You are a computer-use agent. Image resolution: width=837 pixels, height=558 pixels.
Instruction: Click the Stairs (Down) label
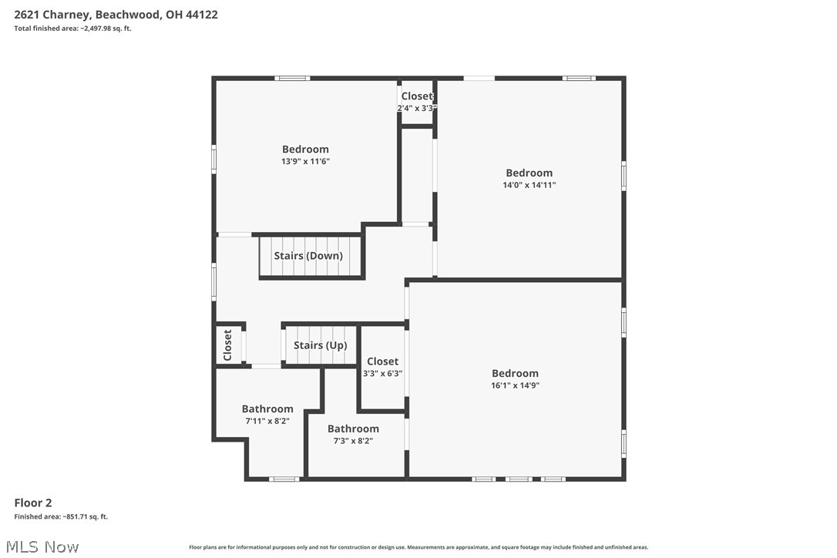[308, 256]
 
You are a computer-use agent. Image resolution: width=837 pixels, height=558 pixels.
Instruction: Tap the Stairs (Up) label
[321, 345]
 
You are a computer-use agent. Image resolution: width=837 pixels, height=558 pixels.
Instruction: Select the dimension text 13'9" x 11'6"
[305, 161]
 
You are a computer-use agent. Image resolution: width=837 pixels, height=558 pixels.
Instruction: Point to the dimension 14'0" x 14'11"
[529, 185]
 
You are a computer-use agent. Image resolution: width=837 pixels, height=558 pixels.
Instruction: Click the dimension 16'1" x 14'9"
[515, 385]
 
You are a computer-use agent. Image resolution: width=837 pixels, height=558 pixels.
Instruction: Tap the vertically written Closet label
[227, 345]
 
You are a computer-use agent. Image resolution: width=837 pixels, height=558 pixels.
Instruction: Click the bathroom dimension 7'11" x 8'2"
[267, 421]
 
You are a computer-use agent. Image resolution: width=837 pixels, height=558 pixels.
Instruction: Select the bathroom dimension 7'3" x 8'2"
[353, 441]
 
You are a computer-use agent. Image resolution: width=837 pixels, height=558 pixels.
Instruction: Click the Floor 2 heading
[33, 503]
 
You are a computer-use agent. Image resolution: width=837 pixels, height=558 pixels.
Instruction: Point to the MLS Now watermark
[42, 546]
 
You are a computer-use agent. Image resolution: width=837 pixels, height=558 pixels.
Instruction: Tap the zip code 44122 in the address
[201, 15]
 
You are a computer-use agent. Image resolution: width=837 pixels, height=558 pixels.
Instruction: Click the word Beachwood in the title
[127, 15]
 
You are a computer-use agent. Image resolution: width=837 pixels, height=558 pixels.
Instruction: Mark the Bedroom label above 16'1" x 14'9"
[515, 373]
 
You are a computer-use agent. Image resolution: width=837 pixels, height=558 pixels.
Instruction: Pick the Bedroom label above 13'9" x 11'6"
[305, 149]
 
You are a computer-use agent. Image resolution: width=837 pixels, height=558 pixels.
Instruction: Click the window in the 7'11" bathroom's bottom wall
[284, 479]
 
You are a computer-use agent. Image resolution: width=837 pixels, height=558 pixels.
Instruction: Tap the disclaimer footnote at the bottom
[418, 546]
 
